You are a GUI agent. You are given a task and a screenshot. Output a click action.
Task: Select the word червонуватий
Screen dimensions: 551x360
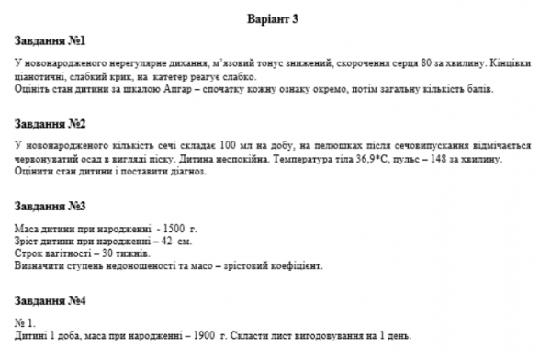pyautogui.click(x=46, y=159)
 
